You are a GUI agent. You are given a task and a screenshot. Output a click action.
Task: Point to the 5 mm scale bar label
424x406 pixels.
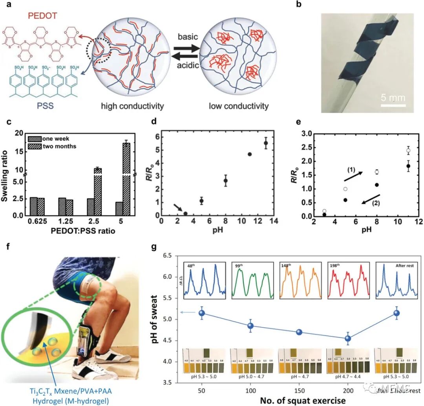click(393, 97)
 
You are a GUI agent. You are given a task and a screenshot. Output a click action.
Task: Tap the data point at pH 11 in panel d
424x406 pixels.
click(249, 154)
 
